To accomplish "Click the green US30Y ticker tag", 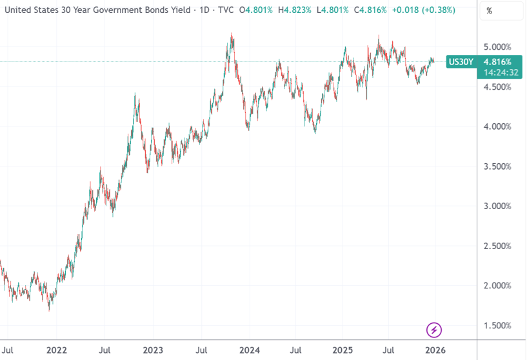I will pos(461,62).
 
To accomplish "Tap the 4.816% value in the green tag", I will pos(497,62).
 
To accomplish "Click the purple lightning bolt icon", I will pos(435,330).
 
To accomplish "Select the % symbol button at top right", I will pos(490,11).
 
